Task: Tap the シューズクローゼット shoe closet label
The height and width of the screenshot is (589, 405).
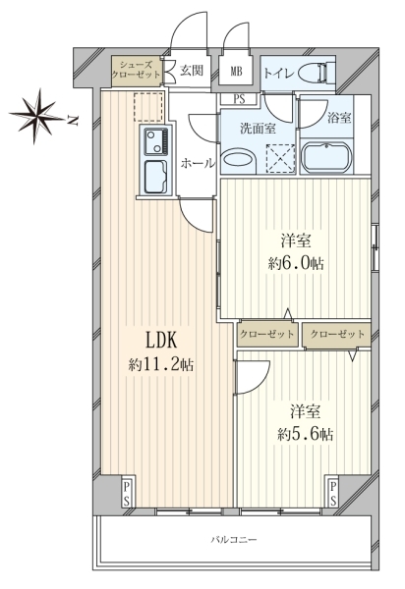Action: [x=136, y=70]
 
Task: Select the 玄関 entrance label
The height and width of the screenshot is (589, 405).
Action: [x=192, y=71]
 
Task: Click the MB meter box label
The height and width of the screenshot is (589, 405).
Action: [x=236, y=71]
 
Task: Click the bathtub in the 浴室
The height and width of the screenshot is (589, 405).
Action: [x=326, y=157]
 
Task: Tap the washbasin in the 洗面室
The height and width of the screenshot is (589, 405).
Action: [x=238, y=159]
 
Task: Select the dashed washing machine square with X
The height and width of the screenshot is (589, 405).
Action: [x=280, y=158]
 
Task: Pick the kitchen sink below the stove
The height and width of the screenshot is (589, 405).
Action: [x=156, y=176]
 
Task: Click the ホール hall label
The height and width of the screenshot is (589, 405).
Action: [x=198, y=164]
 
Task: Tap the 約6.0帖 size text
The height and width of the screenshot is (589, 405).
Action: [x=296, y=263]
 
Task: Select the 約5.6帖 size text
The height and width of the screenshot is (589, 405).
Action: [x=306, y=434]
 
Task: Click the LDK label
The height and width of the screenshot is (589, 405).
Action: [x=161, y=341]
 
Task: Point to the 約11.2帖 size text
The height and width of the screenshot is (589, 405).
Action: [x=161, y=364]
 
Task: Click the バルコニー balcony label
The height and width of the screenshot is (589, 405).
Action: [x=234, y=540]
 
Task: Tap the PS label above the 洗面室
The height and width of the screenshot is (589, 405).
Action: [x=239, y=99]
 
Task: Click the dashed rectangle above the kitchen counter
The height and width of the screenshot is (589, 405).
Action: [x=148, y=107]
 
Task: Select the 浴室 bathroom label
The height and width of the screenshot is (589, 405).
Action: [x=339, y=118]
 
